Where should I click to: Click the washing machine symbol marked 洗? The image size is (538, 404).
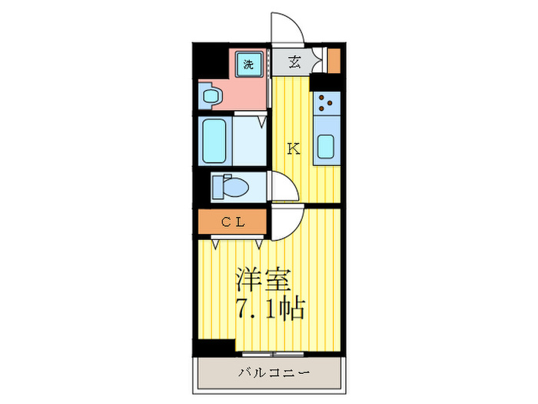pyautogui.click(x=247, y=65)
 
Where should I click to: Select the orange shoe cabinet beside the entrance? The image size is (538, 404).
pyautogui.click(x=334, y=60)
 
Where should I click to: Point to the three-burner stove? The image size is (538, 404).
pyautogui.click(x=327, y=102)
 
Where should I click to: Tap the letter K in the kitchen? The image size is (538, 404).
pyautogui.click(x=293, y=149)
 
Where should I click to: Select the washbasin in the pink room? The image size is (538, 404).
pyautogui.click(x=211, y=97)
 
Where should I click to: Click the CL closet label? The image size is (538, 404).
pyautogui.click(x=232, y=222)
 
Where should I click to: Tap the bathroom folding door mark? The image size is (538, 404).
pyautogui.click(x=261, y=122)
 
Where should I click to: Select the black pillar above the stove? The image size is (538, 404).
pyautogui.click(x=329, y=82)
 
